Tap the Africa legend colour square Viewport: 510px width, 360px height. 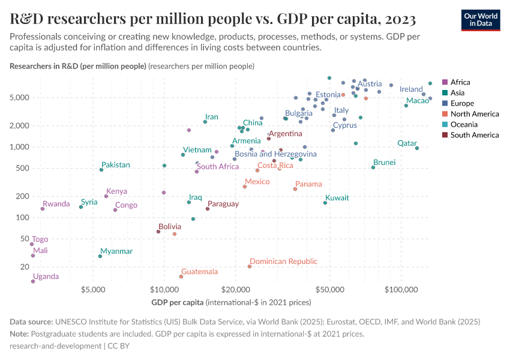tap(445, 82)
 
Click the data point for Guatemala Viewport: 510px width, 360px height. tap(181, 277)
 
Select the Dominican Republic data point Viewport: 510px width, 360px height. tap(250, 266)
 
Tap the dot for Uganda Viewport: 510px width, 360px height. tap(33, 281)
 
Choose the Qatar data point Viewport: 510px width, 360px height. tap(417, 148)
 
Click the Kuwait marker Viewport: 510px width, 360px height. tap(325, 203)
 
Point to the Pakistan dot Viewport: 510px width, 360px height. tap(101, 170)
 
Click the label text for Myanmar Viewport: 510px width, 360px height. tap(116, 251)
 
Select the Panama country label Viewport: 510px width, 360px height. tap(308, 184)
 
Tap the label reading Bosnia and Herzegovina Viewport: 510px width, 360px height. tap(275, 154)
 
